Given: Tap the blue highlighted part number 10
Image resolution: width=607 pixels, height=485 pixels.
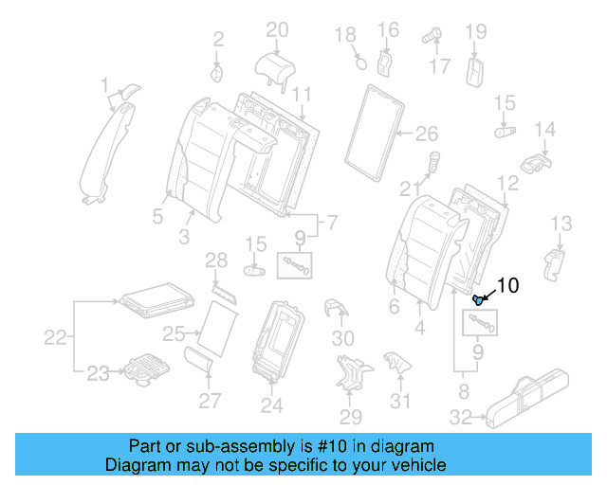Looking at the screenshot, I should click(479, 300).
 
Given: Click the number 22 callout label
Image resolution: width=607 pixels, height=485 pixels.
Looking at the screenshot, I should click(56, 337).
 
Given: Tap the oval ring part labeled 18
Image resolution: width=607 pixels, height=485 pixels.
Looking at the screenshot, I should click(359, 63).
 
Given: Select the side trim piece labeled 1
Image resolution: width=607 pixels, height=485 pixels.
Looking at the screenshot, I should click(107, 147).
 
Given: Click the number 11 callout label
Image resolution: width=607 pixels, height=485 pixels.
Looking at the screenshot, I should click(301, 94).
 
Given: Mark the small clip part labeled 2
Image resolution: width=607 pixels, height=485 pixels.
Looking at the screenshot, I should click(216, 73).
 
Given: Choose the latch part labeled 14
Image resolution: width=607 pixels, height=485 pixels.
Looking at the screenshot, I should click(538, 158).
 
